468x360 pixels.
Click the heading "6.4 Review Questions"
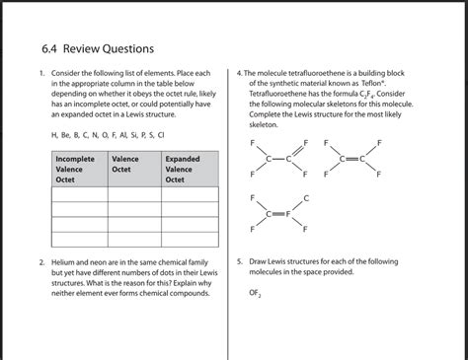point(97,47)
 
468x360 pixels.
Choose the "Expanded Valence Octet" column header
point(184,169)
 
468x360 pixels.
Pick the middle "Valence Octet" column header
point(126,164)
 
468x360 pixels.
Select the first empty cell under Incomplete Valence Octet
point(79,194)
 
